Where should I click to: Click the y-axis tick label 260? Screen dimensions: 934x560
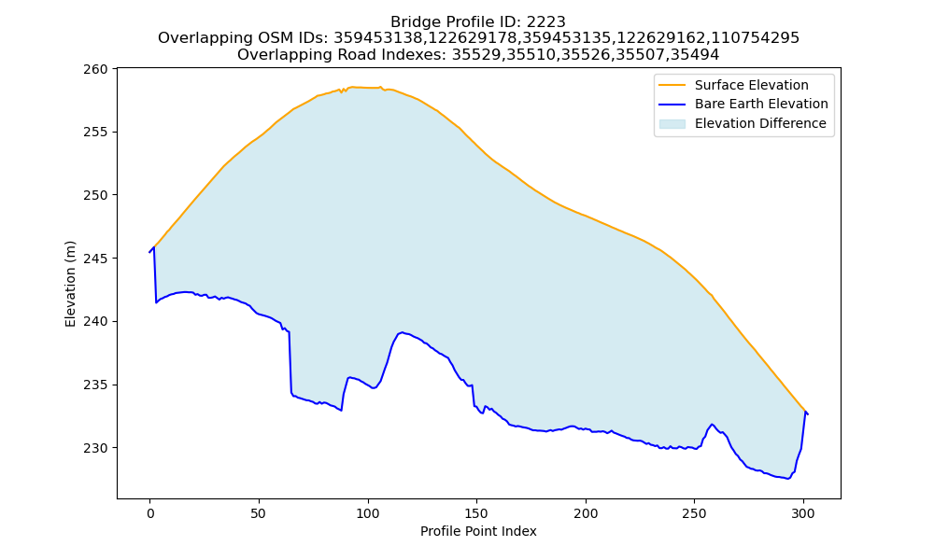tap(95, 69)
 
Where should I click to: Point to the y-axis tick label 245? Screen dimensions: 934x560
tap(95, 259)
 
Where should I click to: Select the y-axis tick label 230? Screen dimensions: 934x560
tap(95, 448)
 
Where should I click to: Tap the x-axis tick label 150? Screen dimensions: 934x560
tap(476, 513)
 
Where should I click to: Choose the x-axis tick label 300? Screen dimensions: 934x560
tap(803, 513)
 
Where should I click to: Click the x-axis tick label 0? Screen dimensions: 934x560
tap(149, 513)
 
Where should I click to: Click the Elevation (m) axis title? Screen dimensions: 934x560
tap(70, 284)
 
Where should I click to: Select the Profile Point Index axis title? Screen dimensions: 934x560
tap(478, 531)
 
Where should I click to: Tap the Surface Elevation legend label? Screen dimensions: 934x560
tap(751, 85)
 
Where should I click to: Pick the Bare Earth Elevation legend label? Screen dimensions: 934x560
tap(761, 104)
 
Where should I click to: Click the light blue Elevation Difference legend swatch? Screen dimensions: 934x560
tap(672, 124)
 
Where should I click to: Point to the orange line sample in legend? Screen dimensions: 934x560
tap(672, 85)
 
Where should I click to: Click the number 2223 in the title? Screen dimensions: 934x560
tap(545, 22)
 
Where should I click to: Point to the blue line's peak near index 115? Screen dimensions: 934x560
tap(402, 332)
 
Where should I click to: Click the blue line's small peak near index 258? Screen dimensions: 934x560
tap(712, 425)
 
